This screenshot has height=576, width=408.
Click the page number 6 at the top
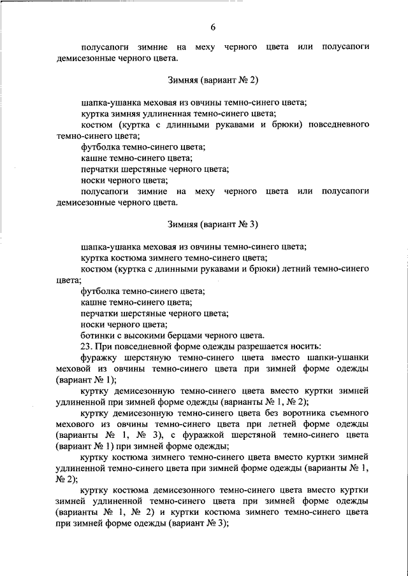[214, 27]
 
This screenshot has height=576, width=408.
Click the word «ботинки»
[96, 335]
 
